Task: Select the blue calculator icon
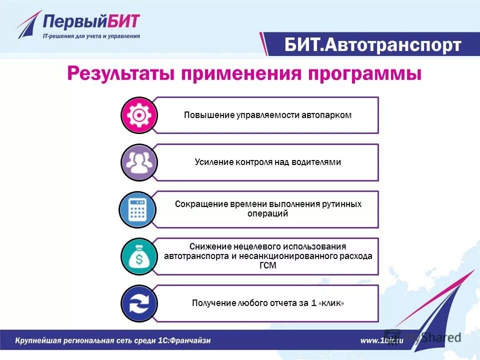coord(137,209)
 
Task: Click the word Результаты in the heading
coord(120,74)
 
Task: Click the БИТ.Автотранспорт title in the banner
coord(372,45)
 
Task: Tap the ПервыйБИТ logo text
coord(91,22)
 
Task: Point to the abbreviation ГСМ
coord(268,265)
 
